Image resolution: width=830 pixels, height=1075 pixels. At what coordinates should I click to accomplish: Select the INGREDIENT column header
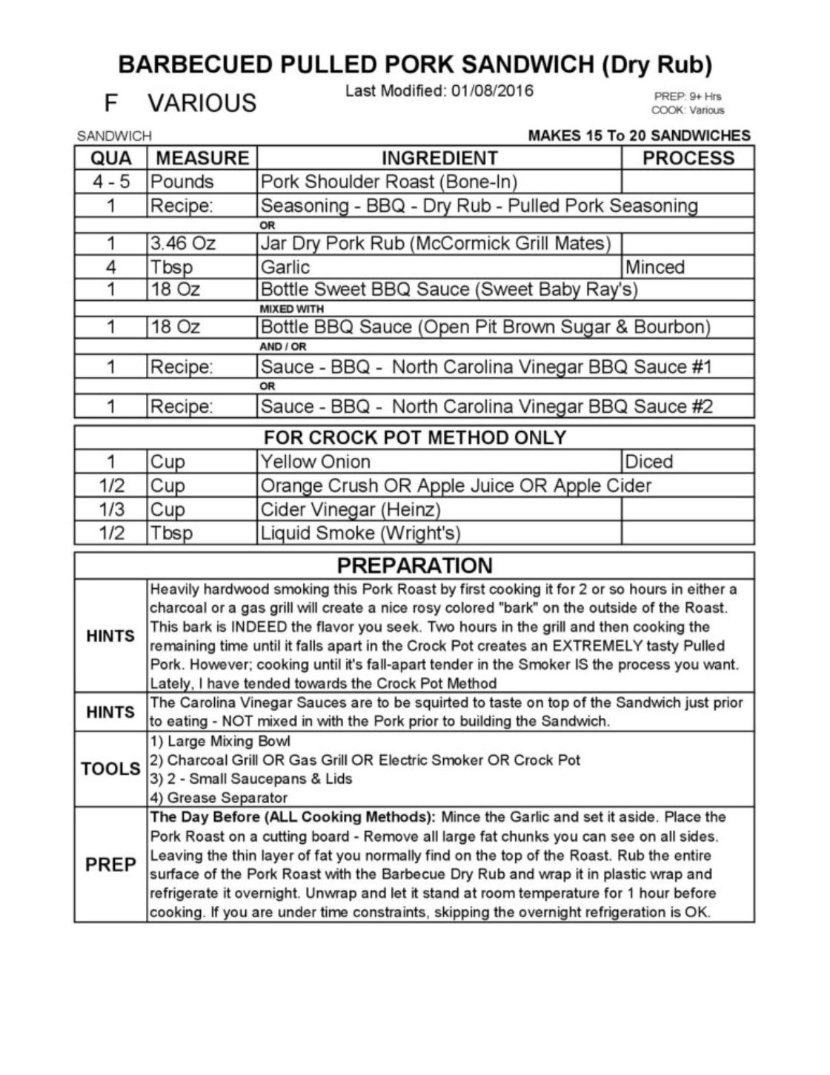(439, 158)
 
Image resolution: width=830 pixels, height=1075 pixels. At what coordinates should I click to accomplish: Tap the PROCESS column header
(688, 158)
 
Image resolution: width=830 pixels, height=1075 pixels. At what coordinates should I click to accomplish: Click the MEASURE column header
(202, 158)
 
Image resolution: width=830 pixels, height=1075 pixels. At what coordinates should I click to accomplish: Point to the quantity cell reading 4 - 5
(111, 182)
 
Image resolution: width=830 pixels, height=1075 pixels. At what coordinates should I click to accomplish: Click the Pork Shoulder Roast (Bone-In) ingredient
(388, 182)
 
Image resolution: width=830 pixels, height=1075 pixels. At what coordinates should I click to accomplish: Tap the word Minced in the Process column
(655, 267)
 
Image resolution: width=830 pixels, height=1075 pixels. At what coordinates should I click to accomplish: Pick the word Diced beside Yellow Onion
(649, 462)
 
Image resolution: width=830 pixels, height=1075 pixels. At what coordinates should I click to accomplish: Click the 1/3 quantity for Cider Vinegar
(111, 509)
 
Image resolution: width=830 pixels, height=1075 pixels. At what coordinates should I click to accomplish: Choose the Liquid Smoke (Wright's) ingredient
(360, 533)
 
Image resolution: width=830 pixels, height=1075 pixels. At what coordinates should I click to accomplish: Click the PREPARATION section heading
(414, 565)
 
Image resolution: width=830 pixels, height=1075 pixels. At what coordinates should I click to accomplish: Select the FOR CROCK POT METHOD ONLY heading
(414, 438)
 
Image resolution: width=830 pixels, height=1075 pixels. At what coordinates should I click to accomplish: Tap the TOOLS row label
(110, 769)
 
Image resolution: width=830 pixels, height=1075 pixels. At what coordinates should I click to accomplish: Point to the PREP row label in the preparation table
(110, 865)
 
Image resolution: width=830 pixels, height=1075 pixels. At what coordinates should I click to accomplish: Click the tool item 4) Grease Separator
(219, 798)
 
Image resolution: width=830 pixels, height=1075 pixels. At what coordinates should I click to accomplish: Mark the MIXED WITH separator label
(291, 308)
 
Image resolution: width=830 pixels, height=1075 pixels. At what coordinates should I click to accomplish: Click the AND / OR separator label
(282, 347)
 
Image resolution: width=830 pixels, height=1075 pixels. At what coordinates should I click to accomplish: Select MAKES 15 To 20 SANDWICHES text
(639, 136)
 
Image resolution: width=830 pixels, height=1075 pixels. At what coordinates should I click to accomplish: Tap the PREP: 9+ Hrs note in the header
(687, 96)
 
